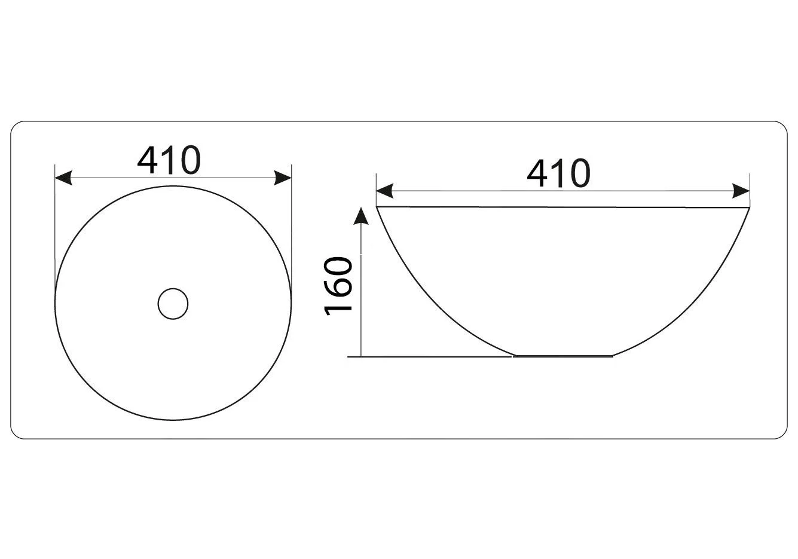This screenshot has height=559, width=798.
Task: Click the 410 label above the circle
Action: [169, 160]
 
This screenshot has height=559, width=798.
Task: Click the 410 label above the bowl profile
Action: [558, 173]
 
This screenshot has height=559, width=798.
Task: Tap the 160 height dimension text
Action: [338, 286]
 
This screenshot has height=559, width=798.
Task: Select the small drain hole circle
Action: [173, 304]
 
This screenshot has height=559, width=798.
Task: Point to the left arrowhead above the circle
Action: [63, 178]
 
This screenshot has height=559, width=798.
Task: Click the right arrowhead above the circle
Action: [283, 178]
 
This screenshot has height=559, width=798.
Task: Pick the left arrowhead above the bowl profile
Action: [385, 191]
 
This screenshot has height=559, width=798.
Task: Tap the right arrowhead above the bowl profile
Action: [741, 191]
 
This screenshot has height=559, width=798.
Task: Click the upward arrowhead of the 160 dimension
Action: [361, 216]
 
